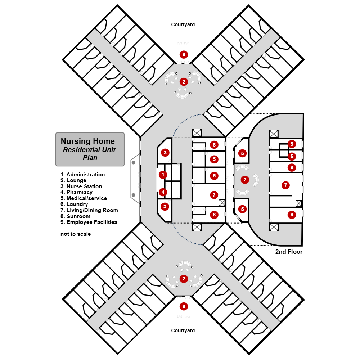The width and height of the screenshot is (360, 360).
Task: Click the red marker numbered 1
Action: [163, 175]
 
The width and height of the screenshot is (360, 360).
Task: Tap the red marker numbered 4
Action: [163, 192]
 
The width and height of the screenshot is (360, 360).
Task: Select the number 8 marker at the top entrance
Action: [184, 55]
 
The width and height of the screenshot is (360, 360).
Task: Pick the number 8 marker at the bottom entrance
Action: [184, 306]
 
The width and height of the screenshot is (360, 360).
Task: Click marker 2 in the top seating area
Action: [184, 82]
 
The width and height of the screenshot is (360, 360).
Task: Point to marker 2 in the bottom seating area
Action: [184, 279]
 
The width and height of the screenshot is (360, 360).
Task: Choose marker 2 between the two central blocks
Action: [245, 180]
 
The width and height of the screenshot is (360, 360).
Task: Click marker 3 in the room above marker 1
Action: [165, 153]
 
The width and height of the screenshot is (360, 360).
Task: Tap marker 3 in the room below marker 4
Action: [165, 207]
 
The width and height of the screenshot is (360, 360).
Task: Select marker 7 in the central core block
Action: [214, 195]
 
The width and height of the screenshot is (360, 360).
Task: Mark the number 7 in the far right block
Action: [285, 185]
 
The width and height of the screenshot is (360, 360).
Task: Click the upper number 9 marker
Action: [292, 167]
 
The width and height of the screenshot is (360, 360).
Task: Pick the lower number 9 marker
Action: [292, 215]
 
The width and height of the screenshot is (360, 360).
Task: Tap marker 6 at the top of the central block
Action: [214, 145]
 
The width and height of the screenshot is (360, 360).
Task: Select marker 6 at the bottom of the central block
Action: [214, 215]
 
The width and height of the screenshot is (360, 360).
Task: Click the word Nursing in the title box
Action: [75, 141]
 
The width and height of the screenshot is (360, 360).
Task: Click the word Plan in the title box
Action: [90, 158]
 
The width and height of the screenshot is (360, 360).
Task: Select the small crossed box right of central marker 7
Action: [222, 202]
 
